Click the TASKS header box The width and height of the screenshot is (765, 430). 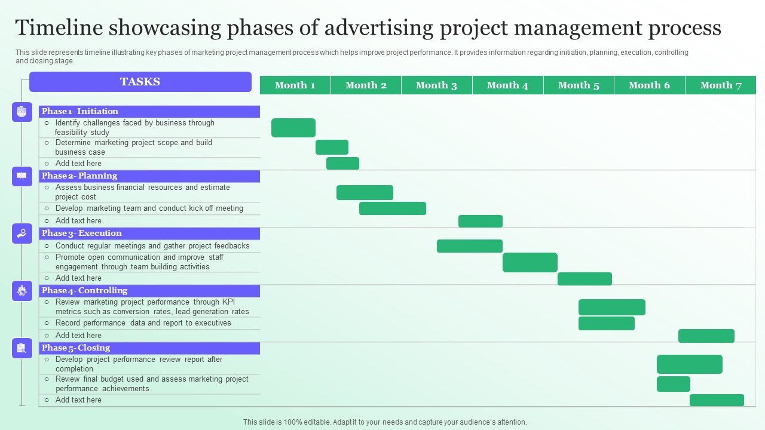[x=140, y=82]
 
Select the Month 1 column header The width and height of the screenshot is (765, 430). [x=295, y=85]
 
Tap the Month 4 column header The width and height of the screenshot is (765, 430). [x=507, y=85]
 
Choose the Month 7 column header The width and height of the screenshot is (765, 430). [x=721, y=85]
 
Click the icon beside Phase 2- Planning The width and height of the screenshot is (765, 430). [x=22, y=176]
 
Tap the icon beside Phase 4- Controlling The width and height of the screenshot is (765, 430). [x=22, y=291]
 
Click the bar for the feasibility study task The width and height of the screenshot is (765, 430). [x=293, y=128]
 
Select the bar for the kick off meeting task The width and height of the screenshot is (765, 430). [x=393, y=208]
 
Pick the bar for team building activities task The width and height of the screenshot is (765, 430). [x=530, y=262]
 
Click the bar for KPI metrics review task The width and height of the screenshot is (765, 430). [x=612, y=307]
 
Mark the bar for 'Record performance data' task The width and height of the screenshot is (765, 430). [x=607, y=324]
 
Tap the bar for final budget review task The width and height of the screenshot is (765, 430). [x=674, y=384]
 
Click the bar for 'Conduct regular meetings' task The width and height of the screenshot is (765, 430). [x=470, y=246]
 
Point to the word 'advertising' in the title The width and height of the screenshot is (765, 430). [x=379, y=28]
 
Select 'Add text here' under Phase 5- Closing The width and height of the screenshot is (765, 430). [x=78, y=400]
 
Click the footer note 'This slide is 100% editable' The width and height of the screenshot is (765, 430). [x=385, y=422]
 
